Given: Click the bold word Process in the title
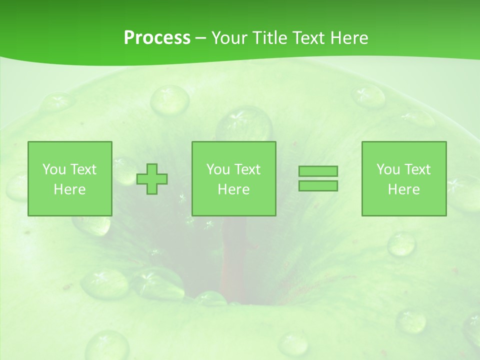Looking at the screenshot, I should (x=157, y=38).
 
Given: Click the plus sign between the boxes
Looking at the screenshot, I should (x=152, y=179).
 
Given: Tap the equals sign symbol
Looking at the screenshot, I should (x=318, y=178).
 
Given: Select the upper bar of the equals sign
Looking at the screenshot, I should (x=318, y=171).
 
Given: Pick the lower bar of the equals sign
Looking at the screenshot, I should (x=318, y=185).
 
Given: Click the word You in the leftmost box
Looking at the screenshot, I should (x=54, y=169).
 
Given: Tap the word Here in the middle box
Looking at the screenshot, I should (x=233, y=189).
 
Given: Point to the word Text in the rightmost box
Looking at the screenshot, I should (x=417, y=169).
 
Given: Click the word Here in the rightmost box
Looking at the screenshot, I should (x=403, y=189).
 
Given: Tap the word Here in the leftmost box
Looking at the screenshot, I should (x=69, y=189).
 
